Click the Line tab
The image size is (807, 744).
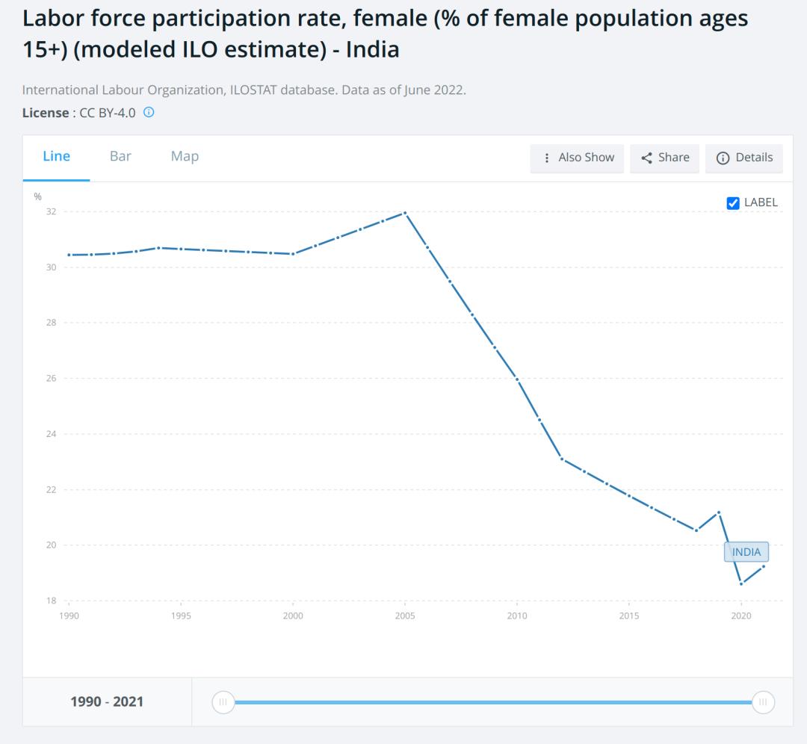pyautogui.click(x=57, y=156)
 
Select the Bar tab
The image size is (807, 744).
pyautogui.click(x=120, y=156)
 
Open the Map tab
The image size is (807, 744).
pyautogui.click(x=185, y=156)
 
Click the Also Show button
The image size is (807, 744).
pyautogui.click(x=578, y=158)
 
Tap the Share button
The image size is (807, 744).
pyautogui.click(x=665, y=158)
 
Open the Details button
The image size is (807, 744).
pyautogui.click(x=744, y=158)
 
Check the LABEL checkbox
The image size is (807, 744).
pyautogui.click(x=733, y=202)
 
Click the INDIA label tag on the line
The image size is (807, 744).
pyautogui.click(x=746, y=552)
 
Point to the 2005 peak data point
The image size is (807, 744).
pyautogui.click(x=405, y=213)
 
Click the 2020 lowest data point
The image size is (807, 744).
pyautogui.click(x=740, y=584)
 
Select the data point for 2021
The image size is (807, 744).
pyautogui.click(x=763, y=566)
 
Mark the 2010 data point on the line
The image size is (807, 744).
pyautogui.click(x=517, y=379)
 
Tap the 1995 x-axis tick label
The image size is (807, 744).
pyautogui.click(x=181, y=616)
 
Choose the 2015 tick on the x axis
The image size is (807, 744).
pyautogui.click(x=628, y=616)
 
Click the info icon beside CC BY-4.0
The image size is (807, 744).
pyautogui.click(x=149, y=113)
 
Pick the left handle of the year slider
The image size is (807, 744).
pyautogui.click(x=222, y=702)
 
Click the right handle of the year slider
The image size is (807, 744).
pyautogui.click(x=763, y=702)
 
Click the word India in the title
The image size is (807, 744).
pyautogui.click(x=372, y=50)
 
